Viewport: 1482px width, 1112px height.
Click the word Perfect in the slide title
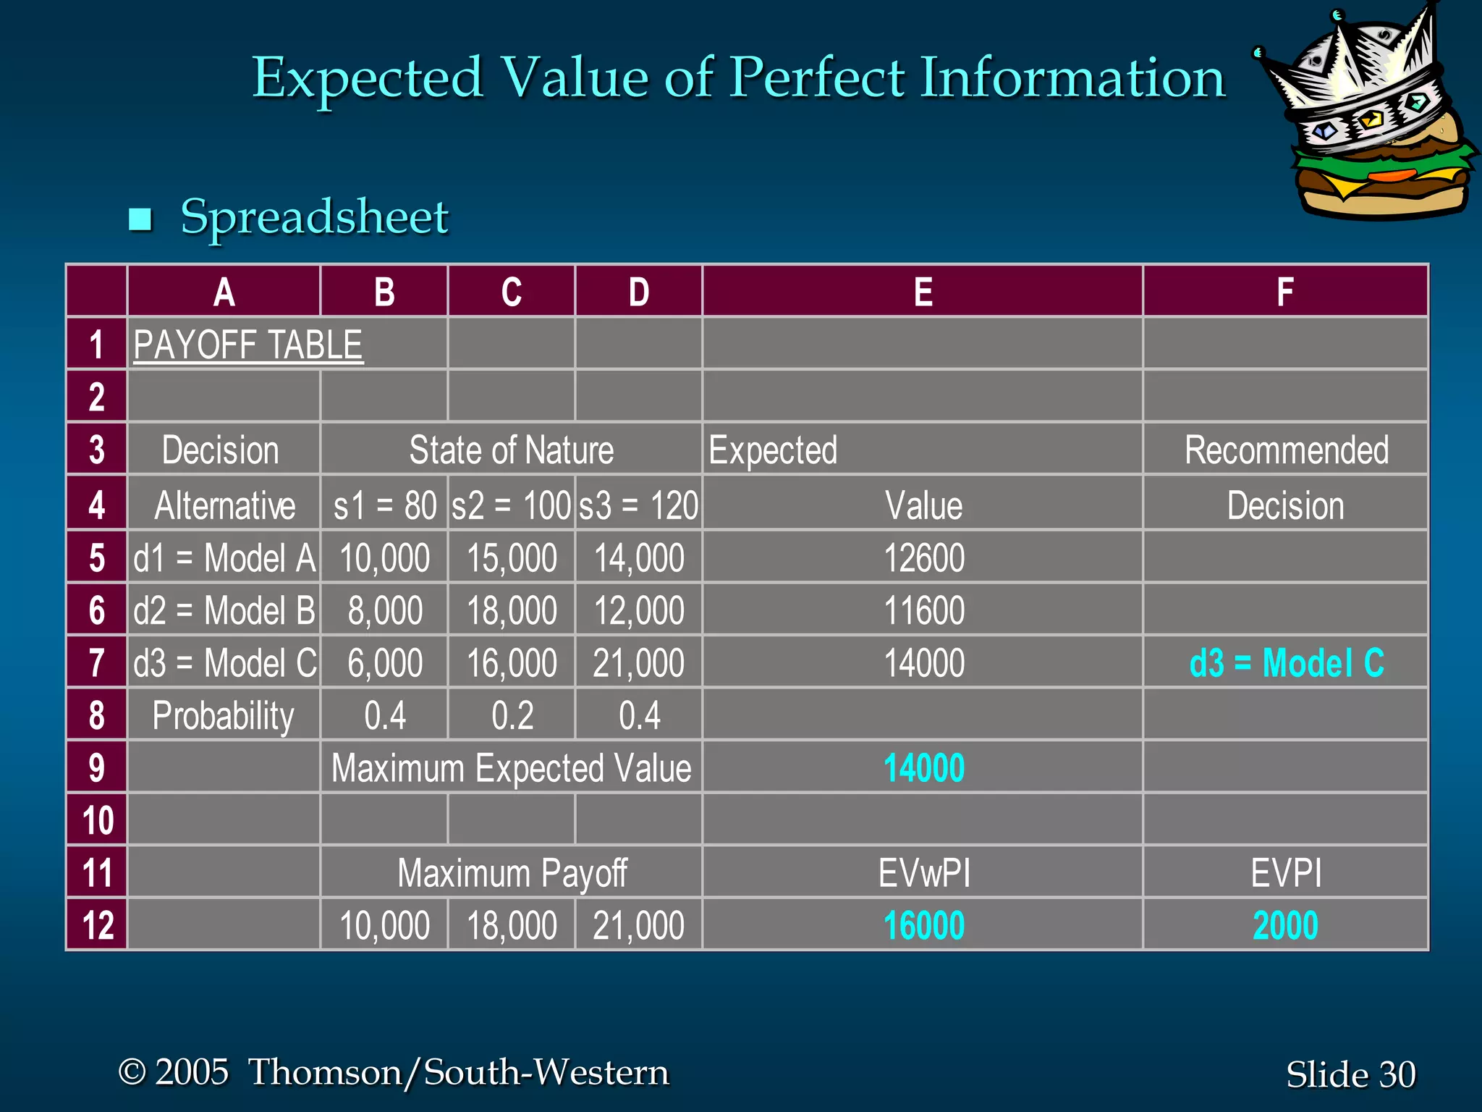pos(816,78)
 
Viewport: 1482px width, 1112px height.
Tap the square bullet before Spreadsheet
pos(140,219)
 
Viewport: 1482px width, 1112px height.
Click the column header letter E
pos(923,292)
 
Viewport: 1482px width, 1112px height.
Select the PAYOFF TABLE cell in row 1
pos(248,345)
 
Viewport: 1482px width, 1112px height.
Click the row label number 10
pos(97,820)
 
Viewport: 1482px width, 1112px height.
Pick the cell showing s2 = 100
pos(511,505)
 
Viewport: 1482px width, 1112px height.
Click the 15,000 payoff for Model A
pos(511,558)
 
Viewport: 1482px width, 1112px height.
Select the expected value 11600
pos(923,610)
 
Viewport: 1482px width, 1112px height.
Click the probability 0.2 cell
pos(512,715)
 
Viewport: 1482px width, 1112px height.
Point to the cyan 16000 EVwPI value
pos(923,925)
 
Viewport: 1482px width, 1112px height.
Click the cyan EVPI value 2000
pos(1285,925)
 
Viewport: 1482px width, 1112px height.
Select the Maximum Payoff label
pos(512,872)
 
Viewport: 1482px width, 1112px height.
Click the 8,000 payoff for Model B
pos(384,610)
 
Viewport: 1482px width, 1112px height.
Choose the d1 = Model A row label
pos(224,558)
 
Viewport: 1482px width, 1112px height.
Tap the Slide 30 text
pos(1350,1074)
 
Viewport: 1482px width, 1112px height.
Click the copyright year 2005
pos(192,1071)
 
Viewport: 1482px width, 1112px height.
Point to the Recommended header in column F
pos(1286,450)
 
